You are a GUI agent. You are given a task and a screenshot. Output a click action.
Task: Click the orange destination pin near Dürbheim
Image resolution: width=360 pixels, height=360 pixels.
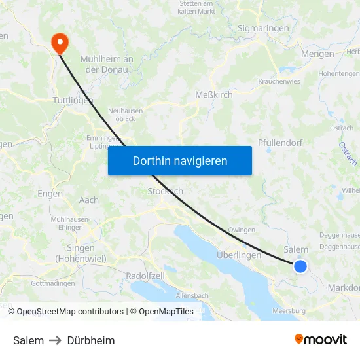pyautogui.click(x=60, y=43)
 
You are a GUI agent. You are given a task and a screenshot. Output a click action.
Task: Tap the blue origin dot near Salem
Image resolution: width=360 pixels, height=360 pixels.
pyautogui.click(x=300, y=266)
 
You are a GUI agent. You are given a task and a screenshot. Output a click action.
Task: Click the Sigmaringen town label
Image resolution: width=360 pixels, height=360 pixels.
pyautogui.click(x=264, y=29)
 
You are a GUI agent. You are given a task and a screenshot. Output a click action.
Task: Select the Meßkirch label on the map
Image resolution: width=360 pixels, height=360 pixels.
pyautogui.click(x=214, y=95)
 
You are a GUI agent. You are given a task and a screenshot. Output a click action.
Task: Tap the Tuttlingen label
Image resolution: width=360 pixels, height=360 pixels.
pyautogui.click(x=72, y=101)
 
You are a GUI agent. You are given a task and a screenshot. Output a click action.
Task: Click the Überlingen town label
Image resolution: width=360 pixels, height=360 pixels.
pyautogui.click(x=238, y=255)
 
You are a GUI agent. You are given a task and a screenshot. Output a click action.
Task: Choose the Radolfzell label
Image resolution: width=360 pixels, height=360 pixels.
pyautogui.click(x=145, y=276)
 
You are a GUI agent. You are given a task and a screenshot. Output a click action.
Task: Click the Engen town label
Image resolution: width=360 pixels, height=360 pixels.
pyautogui.click(x=50, y=194)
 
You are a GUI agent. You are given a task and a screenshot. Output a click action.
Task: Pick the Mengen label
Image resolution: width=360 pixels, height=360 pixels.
pyautogui.click(x=317, y=54)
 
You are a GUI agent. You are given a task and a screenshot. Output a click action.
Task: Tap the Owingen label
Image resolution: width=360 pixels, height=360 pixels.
pyautogui.click(x=241, y=230)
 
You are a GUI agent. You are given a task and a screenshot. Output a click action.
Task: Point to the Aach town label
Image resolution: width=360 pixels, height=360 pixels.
pyautogui.click(x=88, y=200)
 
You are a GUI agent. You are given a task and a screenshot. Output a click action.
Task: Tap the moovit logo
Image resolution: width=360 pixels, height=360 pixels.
pyautogui.click(x=321, y=340)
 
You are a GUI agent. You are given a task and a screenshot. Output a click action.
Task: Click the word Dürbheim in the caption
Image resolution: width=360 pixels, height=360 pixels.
pyautogui.click(x=91, y=340)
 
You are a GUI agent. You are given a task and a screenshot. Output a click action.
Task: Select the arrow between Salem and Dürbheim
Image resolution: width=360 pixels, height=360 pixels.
pyautogui.click(x=56, y=340)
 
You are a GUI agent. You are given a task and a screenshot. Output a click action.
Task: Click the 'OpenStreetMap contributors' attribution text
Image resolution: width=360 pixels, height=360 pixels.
pyautogui.click(x=70, y=312)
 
